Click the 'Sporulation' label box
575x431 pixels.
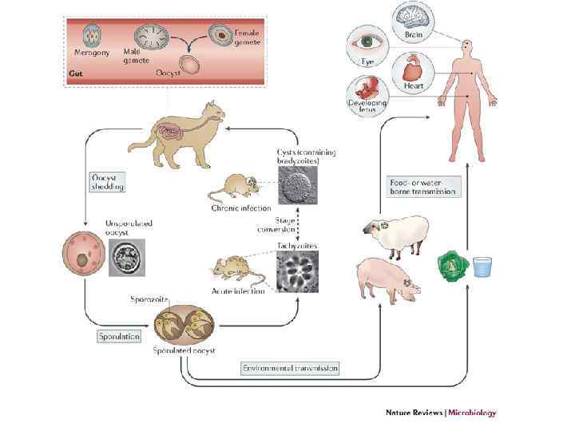[x=119, y=336]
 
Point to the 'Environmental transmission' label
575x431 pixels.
[x=290, y=368]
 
